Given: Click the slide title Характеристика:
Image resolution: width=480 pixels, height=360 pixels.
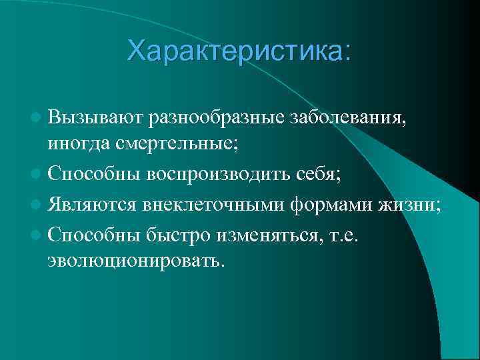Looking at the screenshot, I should point(238,51).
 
